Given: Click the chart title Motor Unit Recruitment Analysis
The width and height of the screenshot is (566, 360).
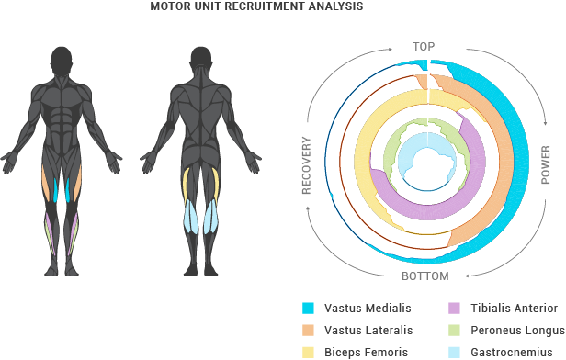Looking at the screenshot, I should pyautogui.click(x=256, y=6).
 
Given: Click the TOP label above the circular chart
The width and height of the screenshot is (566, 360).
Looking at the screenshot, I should pyautogui.click(x=424, y=46).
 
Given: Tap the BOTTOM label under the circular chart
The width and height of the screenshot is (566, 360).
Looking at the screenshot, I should pyautogui.click(x=424, y=276).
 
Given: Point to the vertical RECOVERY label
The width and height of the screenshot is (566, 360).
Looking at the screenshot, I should pyautogui.click(x=307, y=165).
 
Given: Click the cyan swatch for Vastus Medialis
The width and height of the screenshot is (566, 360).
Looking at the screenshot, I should pyautogui.click(x=309, y=309).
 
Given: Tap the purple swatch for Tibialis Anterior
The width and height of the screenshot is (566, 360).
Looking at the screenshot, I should pyautogui.click(x=454, y=309).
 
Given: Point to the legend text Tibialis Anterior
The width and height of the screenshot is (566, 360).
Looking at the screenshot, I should pyautogui.click(x=514, y=309).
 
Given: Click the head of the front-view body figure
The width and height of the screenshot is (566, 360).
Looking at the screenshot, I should pyautogui.click(x=62, y=62).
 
